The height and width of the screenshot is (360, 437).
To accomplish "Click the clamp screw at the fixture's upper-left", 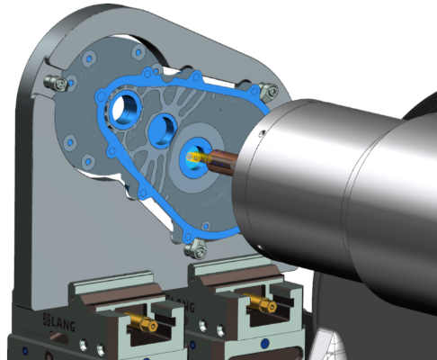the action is tap(56, 82).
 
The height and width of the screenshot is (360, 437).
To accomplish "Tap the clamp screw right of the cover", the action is tap(269, 90).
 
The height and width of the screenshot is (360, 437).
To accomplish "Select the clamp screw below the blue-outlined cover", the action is tap(196, 248).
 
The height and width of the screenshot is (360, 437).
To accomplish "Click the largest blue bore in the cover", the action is tap(126, 109).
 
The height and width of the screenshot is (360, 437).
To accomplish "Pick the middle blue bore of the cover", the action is tap(164, 130).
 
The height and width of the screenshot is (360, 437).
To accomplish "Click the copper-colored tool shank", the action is tap(223, 161).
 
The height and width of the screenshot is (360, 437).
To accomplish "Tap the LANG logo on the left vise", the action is tap(58, 322).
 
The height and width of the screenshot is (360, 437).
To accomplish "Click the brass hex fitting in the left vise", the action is tap(141, 321).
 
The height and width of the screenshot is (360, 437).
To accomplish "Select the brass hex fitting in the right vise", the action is tap(260, 302).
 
